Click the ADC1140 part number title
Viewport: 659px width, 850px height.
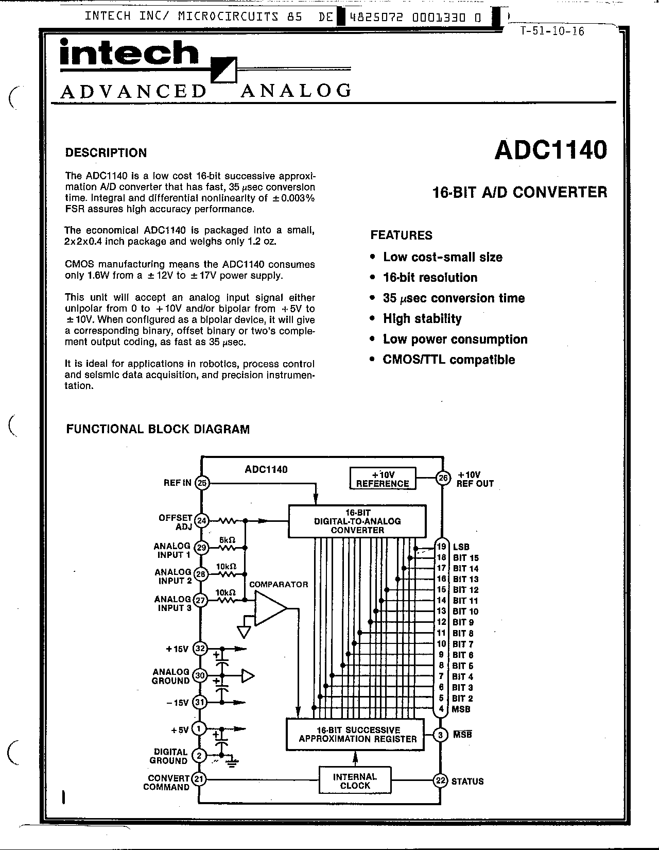coord(550,150)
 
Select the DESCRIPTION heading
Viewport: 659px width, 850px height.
coord(106,152)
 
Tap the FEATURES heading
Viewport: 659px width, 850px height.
coord(402,235)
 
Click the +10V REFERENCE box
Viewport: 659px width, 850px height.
coord(383,478)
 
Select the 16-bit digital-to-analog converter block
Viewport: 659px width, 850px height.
coord(357,521)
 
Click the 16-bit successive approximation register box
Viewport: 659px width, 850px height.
coord(355,734)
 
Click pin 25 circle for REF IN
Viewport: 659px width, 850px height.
coord(202,483)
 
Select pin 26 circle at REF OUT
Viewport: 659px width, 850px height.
coord(443,478)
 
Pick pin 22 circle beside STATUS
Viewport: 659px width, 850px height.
coord(441,781)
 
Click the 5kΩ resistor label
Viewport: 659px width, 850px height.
coord(227,540)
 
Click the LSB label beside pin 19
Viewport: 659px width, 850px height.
coord(461,547)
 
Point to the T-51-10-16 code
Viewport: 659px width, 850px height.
coord(552,31)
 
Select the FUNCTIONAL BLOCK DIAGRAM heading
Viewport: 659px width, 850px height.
coord(158,429)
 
